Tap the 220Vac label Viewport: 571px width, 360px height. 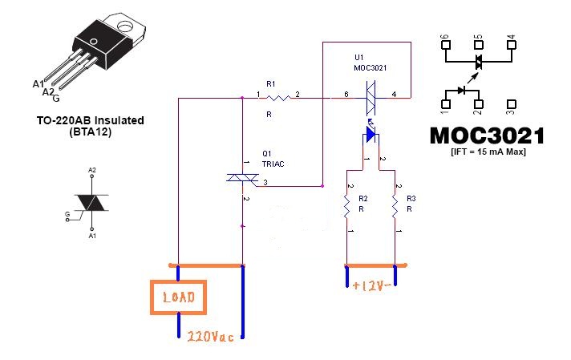tap(210, 336)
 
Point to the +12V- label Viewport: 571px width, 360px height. tap(371, 285)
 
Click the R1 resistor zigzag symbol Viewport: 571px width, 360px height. tap(277, 98)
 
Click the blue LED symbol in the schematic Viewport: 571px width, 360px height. tap(371, 135)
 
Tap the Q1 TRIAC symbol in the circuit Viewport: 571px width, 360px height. tap(242, 178)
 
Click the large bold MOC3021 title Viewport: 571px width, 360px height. tap(487, 136)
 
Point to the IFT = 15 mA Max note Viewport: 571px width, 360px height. tap(488, 152)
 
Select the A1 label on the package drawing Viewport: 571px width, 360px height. tap(38, 84)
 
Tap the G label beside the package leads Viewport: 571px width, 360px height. tap(56, 99)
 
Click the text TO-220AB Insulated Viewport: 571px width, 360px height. tap(91, 120)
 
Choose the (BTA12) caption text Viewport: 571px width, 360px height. tap(91, 131)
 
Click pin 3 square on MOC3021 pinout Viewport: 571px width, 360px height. tap(512, 104)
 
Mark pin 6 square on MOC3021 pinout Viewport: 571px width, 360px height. tap(446, 45)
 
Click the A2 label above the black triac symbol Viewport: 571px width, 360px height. tap(92, 170)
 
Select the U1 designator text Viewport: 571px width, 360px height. tap(359, 57)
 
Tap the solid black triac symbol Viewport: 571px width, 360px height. tap(91, 203)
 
